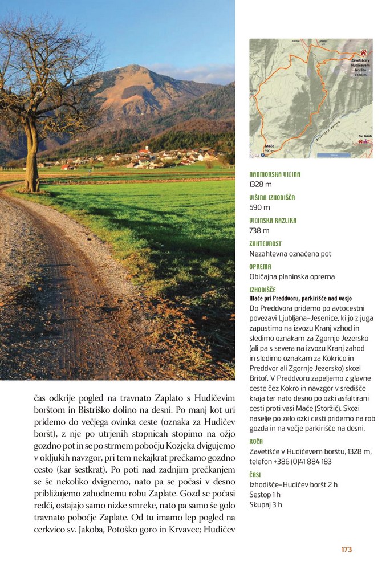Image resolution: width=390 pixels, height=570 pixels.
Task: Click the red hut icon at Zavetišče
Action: click(x=363, y=52)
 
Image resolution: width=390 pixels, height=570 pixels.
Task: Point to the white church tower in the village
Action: click(x=147, y=149)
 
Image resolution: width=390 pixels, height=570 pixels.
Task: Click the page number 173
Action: click(x=346, y=549)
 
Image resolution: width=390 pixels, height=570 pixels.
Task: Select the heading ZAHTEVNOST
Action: click(x=265, y=243)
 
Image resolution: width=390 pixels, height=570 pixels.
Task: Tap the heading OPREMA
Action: click(x=260, y=266)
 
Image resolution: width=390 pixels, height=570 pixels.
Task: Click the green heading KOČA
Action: click(x=256, y=441)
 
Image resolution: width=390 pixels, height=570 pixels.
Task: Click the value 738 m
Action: click(x=259, y=230)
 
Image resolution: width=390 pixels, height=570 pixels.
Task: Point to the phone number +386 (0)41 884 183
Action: click(x=303, y=462)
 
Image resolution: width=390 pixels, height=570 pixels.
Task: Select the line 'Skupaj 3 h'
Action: click(x=265, y=504)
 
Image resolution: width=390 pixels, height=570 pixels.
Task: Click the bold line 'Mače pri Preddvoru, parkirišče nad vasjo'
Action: click(x=300, y=298)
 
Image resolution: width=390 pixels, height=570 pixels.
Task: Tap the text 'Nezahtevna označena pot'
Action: click(x=290, y=254)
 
